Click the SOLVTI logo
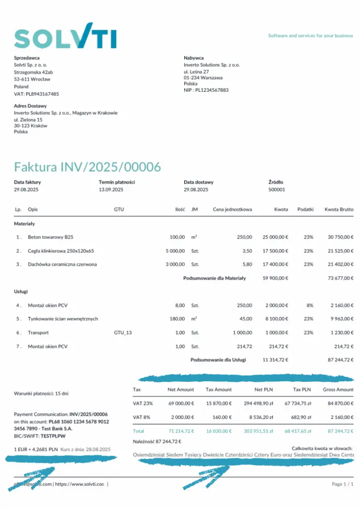tap(65, 36)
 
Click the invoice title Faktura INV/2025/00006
tap(87, 167)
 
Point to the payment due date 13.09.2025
tap(110, 190)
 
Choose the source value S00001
tap(277, 190)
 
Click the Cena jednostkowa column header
tap(232, 210)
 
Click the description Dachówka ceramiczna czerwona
tap(62, 264)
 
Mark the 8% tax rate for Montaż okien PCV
tap(309, 305)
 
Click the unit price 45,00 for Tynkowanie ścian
tap(245, 319)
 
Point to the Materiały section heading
tap(24, 224)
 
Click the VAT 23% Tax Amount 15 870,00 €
tap(219, 403)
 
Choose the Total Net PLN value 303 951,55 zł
tap(259, 431)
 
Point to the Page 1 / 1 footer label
tap(342, 484)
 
